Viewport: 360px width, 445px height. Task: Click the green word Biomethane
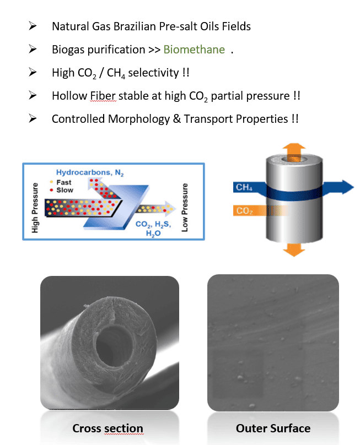(194, 50)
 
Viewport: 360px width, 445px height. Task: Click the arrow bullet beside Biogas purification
(33, 50)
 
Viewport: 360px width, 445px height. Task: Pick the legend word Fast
(64, 182)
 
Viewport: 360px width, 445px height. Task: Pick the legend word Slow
(65, 190)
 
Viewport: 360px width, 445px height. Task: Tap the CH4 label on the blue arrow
(244, 188)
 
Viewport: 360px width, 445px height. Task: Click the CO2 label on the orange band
(244, 211)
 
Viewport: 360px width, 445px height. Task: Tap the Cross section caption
(108, 428)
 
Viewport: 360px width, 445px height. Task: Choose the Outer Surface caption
(273, 428)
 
